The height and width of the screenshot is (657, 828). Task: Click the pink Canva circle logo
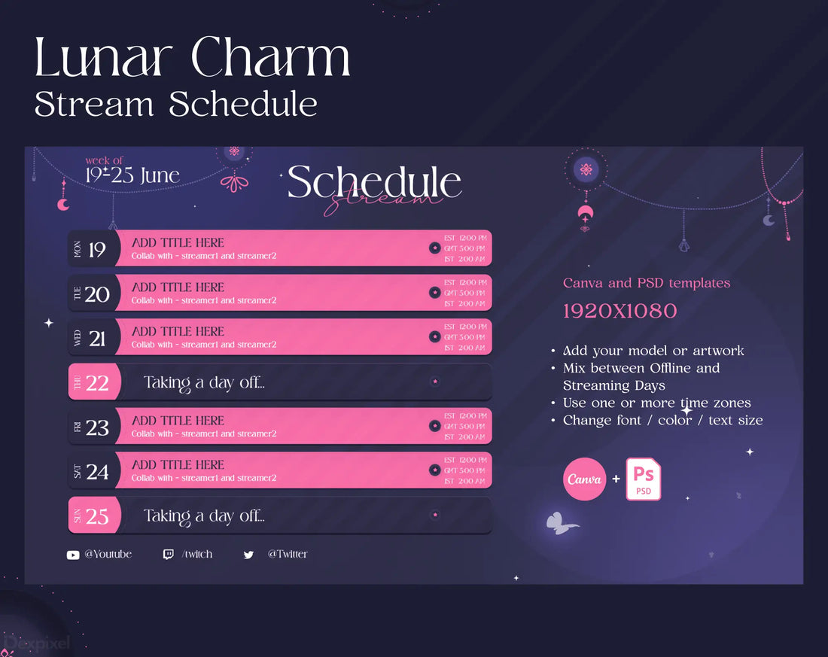[x=584, y=479]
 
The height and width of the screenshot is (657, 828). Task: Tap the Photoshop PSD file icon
[x=643, y=479]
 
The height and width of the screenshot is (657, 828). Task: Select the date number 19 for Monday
[x=97, y=250]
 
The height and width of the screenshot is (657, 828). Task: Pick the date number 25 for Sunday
[x=97, y=516]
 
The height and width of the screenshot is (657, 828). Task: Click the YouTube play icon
[x=73, y=555]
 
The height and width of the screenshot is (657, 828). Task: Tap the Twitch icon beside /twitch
[x=168, y=555]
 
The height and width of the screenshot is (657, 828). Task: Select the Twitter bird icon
[x=248, y=555]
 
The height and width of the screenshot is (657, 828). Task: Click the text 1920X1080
[x=619, y=311]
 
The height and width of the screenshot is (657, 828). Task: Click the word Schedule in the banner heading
[x=374, y=182]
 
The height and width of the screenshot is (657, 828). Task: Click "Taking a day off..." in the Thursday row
[x=204, y=383]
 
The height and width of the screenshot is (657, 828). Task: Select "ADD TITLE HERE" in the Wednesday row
[x=178, y=331]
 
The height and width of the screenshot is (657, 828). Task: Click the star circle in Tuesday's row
[x=434, y=293]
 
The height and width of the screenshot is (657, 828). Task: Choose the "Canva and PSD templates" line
[x=647, y=283]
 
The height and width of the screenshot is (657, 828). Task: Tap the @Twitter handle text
[x=288, y=554]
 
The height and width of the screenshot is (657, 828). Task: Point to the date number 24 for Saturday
[x=97, y=472]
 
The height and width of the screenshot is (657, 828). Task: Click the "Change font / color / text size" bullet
[x=662, y=420]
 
